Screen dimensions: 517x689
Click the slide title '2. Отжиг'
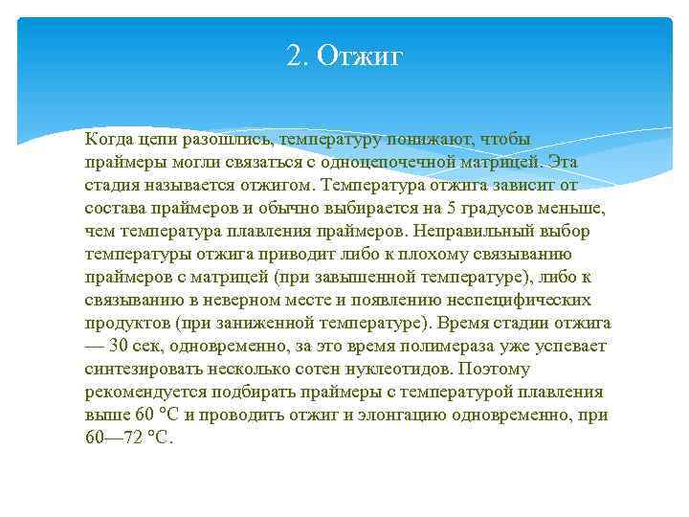click(x=345, y=57)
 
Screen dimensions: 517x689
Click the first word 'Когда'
click(x=108, y=139)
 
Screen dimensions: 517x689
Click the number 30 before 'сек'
click(x=121, y=346)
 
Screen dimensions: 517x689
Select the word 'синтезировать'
click(x=139, y=369)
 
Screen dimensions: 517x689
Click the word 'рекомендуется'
click(x=143, y=392)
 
